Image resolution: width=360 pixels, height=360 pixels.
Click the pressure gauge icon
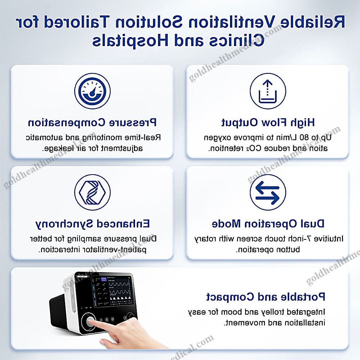92,91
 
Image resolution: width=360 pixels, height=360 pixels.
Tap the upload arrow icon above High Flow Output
268,91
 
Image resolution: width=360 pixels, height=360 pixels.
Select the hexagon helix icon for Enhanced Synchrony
92,192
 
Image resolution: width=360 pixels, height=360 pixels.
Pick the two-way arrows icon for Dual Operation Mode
268,192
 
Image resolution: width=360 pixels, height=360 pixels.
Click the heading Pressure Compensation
92,123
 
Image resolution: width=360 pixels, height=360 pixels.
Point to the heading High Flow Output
268,123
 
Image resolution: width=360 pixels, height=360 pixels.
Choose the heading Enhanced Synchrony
93,224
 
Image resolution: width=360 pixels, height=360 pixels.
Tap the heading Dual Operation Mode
268,224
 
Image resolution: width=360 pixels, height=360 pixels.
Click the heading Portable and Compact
266,297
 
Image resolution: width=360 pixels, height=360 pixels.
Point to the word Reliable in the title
312,22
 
